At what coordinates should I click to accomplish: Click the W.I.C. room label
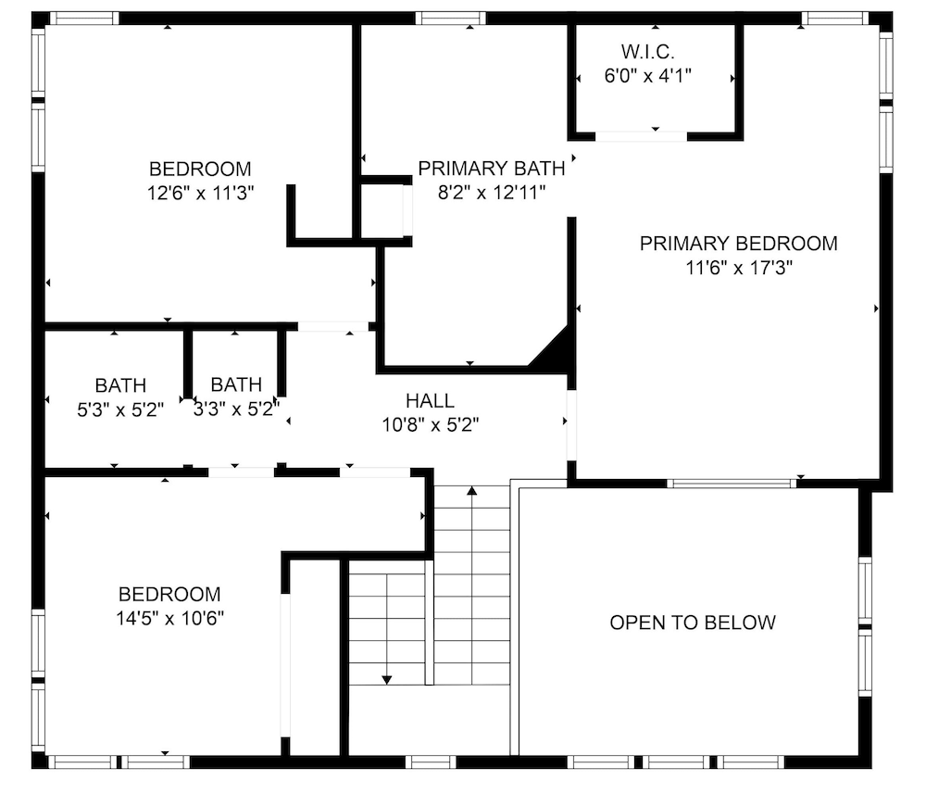coord(647,52)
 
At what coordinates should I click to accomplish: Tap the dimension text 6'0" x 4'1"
coord(647,76)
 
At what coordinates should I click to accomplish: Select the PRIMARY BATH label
coord(492,169)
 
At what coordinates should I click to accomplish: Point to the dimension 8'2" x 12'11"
coord(492,193)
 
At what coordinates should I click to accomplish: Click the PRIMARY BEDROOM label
coord(738,244)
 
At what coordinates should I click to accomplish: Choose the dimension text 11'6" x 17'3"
coord(738,268)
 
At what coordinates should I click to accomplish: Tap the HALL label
coord(430,400)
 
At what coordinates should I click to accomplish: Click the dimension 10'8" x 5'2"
coord(430,424)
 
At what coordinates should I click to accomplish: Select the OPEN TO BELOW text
coord(693,623)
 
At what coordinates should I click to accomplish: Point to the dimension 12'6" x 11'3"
coord(200,193)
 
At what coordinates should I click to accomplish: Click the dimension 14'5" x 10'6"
coord(170,618)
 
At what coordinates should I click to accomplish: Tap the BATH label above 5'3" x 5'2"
coord(120,385)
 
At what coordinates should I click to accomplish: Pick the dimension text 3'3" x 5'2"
coord(236,409)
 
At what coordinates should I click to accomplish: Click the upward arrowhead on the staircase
coord(472,490)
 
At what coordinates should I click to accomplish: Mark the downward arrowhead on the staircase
coord(387,680)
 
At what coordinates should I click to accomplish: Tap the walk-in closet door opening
coord(642,136)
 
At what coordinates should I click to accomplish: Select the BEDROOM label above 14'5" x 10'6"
coord(170,594)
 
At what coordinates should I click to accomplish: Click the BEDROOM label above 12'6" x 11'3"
coord(200,169)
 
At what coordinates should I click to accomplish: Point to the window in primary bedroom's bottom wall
coord(732,484)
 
